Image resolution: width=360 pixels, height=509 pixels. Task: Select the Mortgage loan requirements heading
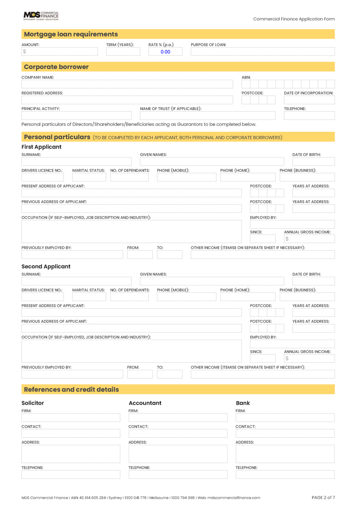(65, 34)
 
